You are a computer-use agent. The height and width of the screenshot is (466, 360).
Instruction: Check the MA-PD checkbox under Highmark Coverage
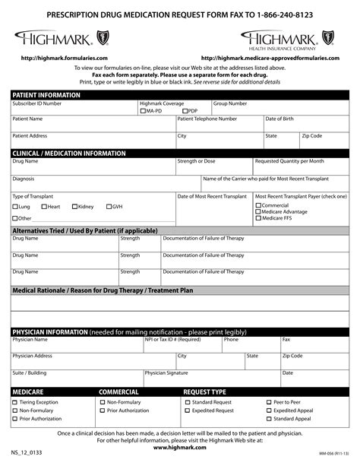(x=144, y=111)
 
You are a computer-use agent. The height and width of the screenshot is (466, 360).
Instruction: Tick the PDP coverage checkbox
(x=185, y=111)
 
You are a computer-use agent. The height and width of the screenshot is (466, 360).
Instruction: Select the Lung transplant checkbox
(x=15, y=207)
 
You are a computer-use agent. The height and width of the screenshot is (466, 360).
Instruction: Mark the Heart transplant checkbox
(x=43, y=207)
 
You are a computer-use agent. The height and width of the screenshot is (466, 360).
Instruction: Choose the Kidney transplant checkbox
(x=74, y=207)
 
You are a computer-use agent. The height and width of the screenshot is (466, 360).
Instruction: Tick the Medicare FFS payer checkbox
(x=258, y=219)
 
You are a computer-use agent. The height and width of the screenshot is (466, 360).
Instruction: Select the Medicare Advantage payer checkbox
(x=258, y=212)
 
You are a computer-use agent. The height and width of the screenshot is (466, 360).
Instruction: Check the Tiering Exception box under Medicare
(x=15, y=402)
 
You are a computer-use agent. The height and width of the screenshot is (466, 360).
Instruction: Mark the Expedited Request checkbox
(x=187, y=411)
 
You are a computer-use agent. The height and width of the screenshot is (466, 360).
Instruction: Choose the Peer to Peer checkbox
(x=269, y=402)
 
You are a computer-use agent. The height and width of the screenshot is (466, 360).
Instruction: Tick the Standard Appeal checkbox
(x=269, y=419)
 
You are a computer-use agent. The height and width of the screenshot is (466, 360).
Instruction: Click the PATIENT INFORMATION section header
(x=46, y=95)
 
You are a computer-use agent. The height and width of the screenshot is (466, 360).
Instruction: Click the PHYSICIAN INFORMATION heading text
(x=49, y=332)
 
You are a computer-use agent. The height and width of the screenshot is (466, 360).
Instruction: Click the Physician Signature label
(x=166, y=372)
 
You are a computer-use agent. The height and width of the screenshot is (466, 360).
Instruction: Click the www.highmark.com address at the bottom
(x=180, y=448)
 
